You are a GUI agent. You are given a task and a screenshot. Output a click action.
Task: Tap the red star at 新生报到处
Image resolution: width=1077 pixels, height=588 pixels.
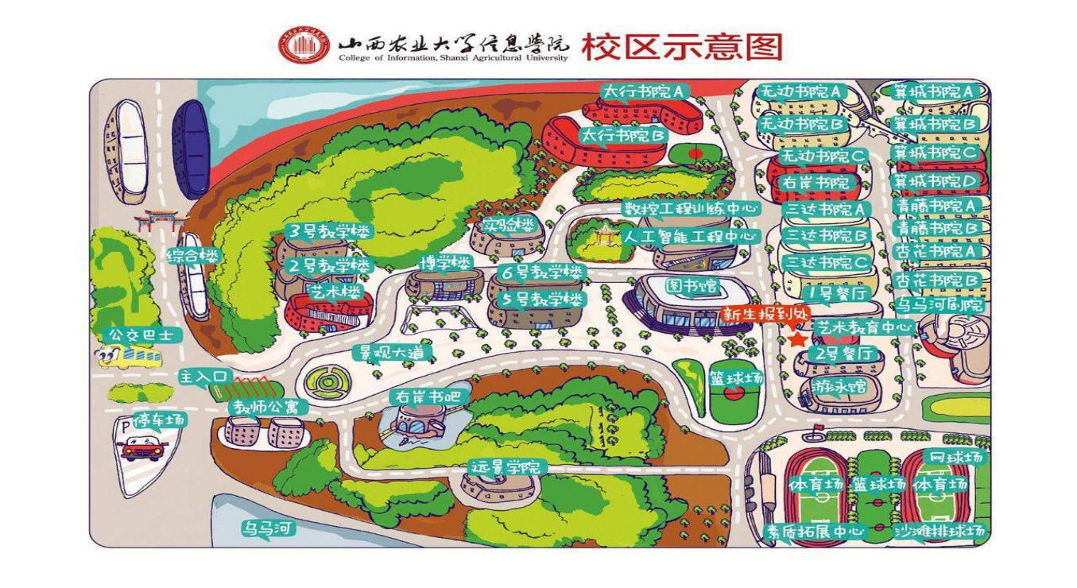pos(797,339)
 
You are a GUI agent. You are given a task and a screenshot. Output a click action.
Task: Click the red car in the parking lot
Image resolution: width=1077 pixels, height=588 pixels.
pos(143,449)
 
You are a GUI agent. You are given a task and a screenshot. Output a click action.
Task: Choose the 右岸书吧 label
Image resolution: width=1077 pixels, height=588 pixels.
pos(418,396)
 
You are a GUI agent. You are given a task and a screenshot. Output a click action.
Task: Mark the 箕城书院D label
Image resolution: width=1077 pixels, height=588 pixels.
pos(935,181)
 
